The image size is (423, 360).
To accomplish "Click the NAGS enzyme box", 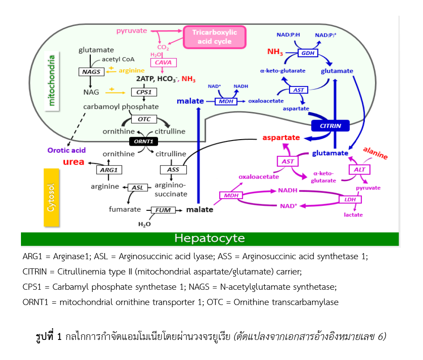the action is pyautogui.click(x=91, y=72).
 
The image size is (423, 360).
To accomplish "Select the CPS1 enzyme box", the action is pyautogui.click(x=144, y=92).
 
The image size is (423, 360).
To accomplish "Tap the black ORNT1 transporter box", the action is pyautogui.click(x=144, y=141).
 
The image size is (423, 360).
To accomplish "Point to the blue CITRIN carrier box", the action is pyautogui.click(x=330, y=126).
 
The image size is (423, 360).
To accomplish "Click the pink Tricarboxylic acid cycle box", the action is pyautogui.click(x=215, y=37).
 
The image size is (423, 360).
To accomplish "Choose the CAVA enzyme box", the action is pyautogui.click(x=163, y=62).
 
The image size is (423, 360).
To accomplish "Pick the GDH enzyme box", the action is pyautogui.click(x=308, y=53).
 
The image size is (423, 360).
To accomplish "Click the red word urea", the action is pyautogui.click(x=74, y=162).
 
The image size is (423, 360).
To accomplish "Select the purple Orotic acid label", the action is pyautogui.click(x=66, y=150).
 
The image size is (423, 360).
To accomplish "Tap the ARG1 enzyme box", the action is pyautogui.click(x=109, y=170).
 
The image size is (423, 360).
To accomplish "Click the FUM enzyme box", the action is pyautogui.click(x=163, y=210).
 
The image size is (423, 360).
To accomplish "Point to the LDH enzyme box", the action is pyautogui.click(x=350, y=199).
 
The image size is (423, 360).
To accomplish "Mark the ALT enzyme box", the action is pyautogui.click(x=359, y=170).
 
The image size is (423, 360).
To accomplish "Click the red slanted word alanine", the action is pyautogui.click(x=375, y=153).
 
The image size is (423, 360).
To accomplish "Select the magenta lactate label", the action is pyautogui.click(x=353, y=215).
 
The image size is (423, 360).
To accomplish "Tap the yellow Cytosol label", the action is pyautogui.click(x=51, y=197).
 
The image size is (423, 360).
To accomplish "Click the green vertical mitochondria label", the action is pyautogui.click(x=52, y=81).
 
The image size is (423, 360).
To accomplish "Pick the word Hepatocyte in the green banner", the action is pyautogui.click(x=210, y=238).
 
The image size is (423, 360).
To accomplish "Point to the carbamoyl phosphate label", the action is pyautogui.click(x=121, y=107).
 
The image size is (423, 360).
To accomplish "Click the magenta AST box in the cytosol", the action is pyautogui.click(x=288, y=161).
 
